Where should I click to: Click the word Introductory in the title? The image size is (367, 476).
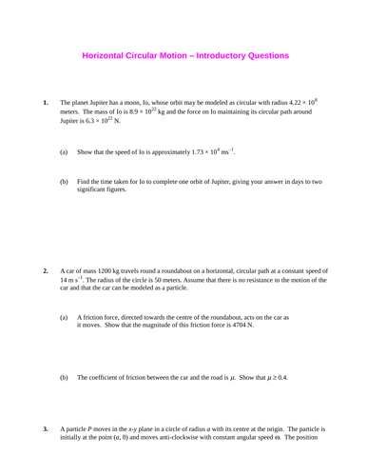pos(222,56)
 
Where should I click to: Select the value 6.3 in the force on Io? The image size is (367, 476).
pos(99,123)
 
